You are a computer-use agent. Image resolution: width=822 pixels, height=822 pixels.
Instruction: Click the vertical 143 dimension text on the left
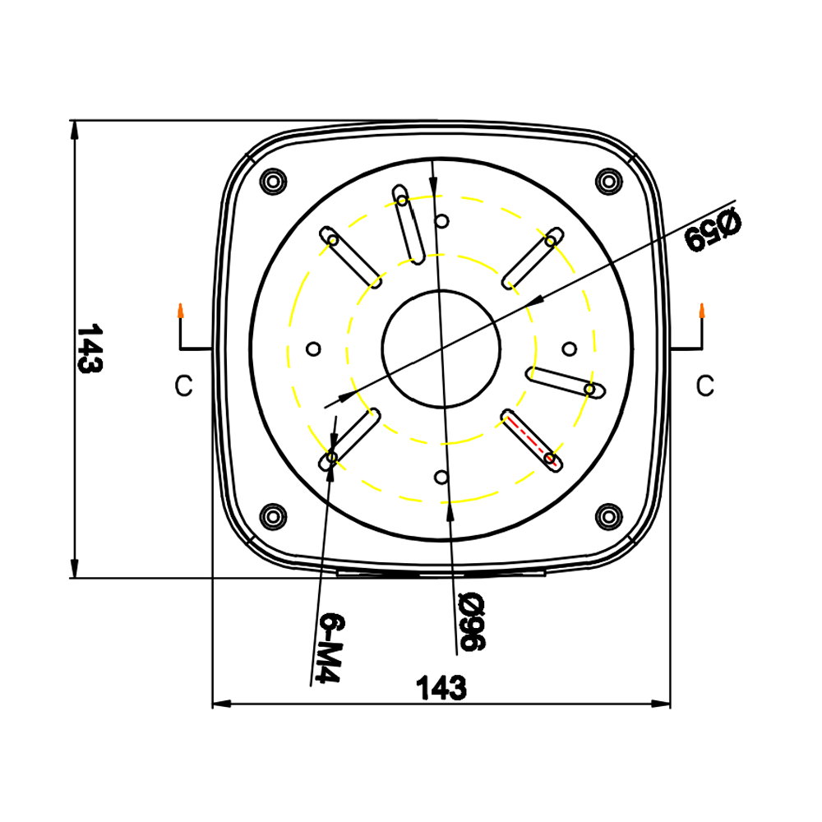click(x=89, y=349)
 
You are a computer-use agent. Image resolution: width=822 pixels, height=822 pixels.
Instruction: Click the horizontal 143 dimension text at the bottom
click(x=441, y=687)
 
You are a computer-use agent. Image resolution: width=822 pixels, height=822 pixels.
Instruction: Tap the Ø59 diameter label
click(x=713, y=229)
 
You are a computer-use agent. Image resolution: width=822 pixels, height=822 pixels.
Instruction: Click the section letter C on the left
click(x=184, y=386)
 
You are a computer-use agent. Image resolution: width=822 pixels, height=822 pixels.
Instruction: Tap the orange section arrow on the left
click(x=179, y=311)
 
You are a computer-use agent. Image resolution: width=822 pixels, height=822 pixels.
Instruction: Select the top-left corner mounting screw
click(x=272, y=180)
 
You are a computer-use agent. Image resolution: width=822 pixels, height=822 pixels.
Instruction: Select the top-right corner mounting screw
click(x=608, y=180)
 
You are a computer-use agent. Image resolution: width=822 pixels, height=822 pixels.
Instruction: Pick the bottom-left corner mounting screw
click(x=272, y=516)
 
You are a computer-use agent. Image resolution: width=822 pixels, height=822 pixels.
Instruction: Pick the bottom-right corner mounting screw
click(x=608, y=516)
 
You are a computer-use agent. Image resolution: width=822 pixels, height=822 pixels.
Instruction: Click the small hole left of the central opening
click(x=312, y=349)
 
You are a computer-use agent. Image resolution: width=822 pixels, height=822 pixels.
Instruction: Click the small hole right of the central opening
click(x=569, y=349)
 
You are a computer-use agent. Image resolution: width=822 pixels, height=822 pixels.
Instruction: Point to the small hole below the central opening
click(x=441, y=477)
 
